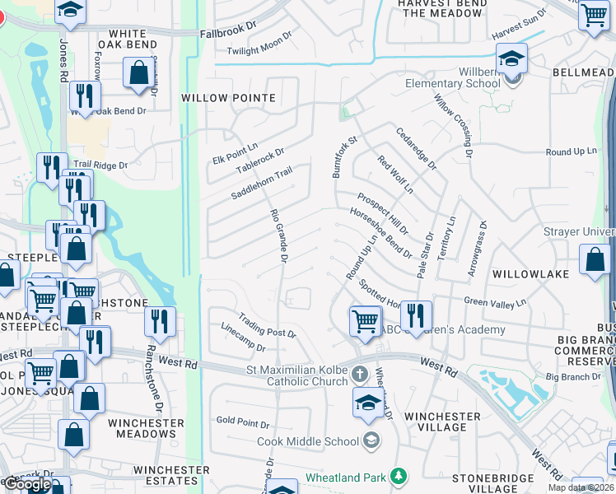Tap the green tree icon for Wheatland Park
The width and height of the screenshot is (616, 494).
tap(399, 477)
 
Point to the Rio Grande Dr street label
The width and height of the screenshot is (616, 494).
tap(278, 235)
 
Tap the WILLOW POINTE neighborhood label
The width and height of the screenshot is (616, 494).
tap(228, 98)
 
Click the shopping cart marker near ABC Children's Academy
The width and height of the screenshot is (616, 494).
tap(365, 319)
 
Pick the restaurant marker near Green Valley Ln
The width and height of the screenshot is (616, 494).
tap(416, 315)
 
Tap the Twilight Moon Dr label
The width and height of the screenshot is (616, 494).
tap(259, 46)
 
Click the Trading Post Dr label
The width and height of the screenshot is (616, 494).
tap(266, 326)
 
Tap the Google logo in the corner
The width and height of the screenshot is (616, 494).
tap(27, 484)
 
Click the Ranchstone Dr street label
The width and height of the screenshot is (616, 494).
tap(152, 379)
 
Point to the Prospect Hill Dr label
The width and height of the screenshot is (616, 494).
tap(382, 212)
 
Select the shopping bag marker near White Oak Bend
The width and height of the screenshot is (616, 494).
tap(138, 72)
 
